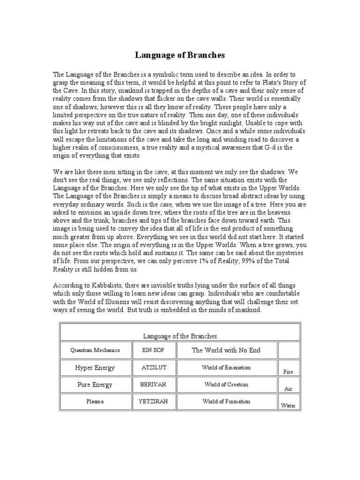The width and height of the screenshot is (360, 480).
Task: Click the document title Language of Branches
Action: (180, 55)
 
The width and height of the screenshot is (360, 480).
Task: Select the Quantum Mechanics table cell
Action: (95, 350)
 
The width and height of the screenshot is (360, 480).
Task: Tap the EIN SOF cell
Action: (152, 350)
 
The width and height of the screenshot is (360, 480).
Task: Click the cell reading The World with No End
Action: (225, 350)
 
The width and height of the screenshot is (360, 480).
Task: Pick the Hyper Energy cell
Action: (95, 367)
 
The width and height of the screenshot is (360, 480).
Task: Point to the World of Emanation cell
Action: (226, 367)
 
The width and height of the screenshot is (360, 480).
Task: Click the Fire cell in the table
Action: (288, 372)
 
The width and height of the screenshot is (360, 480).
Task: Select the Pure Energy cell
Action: (95, 384)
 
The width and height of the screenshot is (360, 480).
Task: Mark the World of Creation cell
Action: (226, 384)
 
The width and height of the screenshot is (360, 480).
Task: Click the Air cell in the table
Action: (288, 389)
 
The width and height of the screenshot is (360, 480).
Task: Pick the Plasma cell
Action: (95, 401)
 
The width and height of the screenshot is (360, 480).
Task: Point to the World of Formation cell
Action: (226, 401)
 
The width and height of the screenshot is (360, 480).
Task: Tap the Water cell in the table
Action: (288, 405)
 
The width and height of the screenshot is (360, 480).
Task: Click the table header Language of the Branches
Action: (180, 336)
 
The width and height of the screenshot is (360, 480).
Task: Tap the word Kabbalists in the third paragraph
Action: (99, 286)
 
